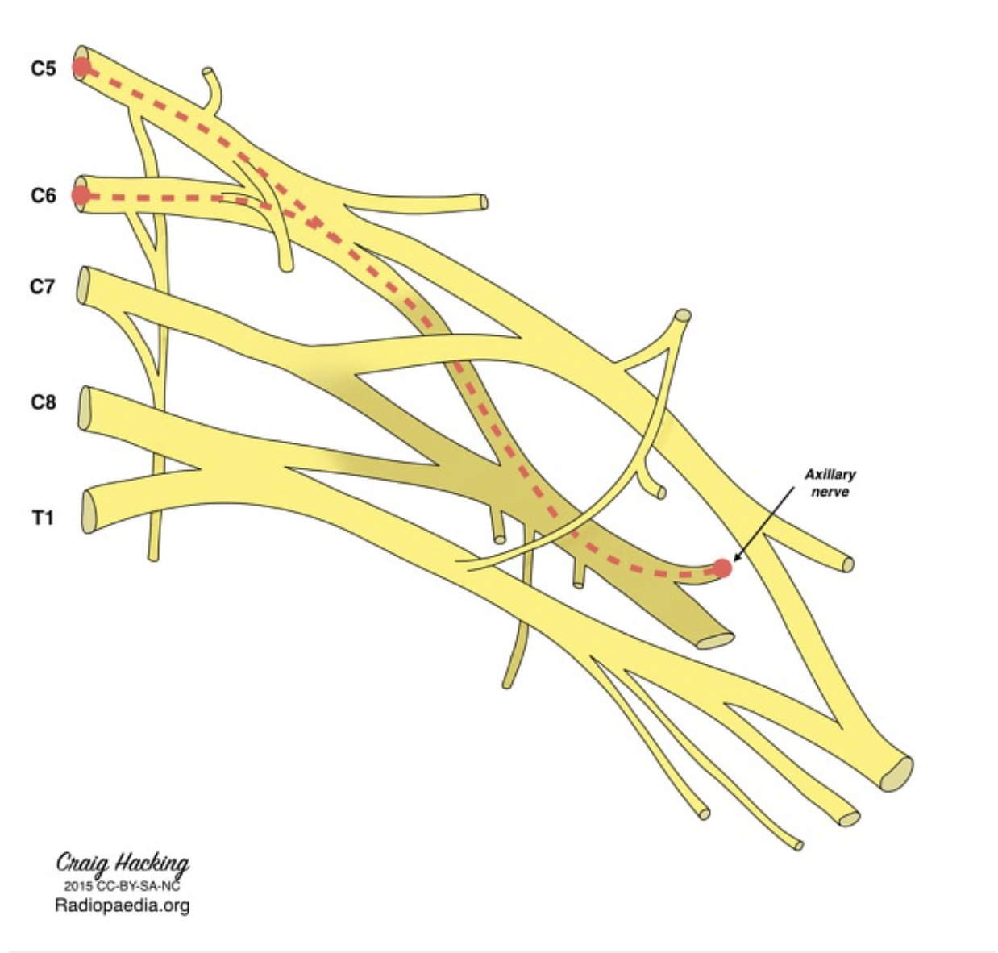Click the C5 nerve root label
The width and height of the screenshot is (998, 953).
pos(44,69)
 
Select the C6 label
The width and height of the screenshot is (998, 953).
pos(44,195)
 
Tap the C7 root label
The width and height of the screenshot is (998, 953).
pos(44,286)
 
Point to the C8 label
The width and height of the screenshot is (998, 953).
pos(44,402)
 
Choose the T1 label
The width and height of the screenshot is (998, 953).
pos(43,518)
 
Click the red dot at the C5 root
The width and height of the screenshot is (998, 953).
pos(81,68)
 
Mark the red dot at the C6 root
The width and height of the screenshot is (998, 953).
pos(81,195)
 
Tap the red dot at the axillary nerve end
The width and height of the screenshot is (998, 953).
pos(722,568)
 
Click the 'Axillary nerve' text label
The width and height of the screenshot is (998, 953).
pos(830,483)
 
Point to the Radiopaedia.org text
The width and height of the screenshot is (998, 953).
pos(123,905)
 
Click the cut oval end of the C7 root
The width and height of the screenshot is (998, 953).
pos(83,285)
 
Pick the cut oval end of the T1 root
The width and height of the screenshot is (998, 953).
pos(90,510)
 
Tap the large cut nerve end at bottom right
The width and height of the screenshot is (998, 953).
pos(896,773)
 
